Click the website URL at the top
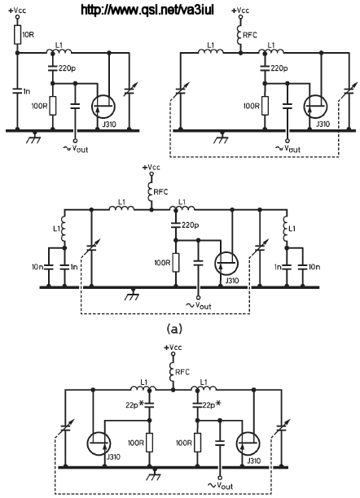[147, 10]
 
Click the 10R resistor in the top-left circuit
[18, 35]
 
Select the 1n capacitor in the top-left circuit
[17, 91]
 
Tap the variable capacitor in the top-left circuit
[130, 90]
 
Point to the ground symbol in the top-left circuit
[34, 138]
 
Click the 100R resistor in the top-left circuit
[53, 106]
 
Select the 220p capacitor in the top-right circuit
[265, 68]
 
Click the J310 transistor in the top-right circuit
[315, 107]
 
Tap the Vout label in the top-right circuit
[288, 148]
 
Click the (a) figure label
[174, 329]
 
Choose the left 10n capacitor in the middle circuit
[49, 266]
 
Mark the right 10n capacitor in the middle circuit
[302, 266]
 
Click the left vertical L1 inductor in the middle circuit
[64, 229]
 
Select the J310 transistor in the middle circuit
[226, 264]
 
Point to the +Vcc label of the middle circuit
[151, 167]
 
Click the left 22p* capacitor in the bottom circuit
[149, 404]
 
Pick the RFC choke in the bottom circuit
[173, 373]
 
